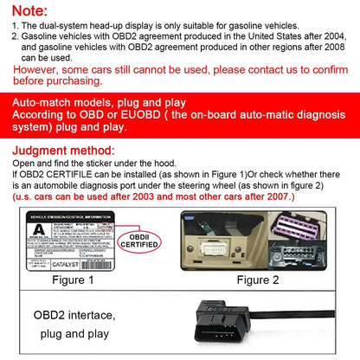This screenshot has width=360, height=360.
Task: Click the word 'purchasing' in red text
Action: tap(65, 80)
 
